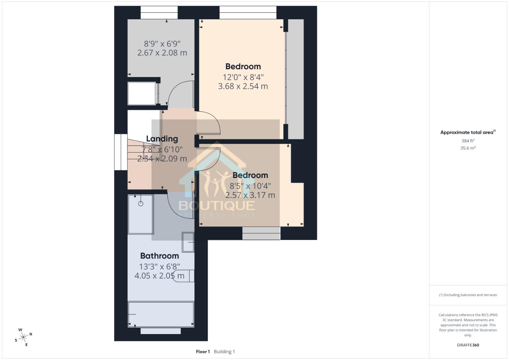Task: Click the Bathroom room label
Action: pos(159,256)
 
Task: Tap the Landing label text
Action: pos(162,139)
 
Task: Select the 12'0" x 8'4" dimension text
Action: pos(243,77)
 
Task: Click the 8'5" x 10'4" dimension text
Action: pos(250,186)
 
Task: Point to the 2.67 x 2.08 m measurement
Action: pos(162,53)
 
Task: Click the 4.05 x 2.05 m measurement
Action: pos(159,276)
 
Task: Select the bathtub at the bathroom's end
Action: pos(161,314)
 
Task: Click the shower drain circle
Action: pos(141,203)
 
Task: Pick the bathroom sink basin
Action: pos(188,242)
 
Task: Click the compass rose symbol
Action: pos(23,337)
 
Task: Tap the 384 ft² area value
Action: pos(468,141)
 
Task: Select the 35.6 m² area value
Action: pos(468,148)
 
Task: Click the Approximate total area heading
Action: pos(467,132)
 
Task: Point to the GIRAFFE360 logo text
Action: pos(468,345)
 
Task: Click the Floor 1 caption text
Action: pos(203,351)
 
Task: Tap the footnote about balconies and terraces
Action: pos(468,295)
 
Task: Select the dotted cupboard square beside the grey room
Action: pos(142,93)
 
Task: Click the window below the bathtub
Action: pos(161,331)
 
